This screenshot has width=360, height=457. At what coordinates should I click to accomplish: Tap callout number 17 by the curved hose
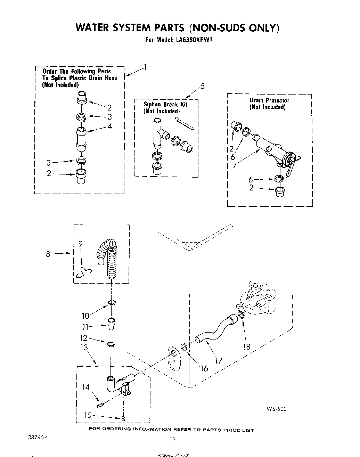(219, 361)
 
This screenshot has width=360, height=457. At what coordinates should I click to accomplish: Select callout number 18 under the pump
(247, 346)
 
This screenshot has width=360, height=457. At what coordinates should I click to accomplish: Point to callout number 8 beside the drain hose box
(48, 254)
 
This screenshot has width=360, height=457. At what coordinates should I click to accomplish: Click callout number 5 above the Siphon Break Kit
(203, 86)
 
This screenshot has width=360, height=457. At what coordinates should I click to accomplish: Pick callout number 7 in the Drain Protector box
(235, 165)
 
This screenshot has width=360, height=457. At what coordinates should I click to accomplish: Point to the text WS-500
(277, 409)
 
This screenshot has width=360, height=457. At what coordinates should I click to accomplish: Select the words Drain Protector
(269, 100)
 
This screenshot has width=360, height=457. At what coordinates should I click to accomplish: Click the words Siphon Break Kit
(165, 105)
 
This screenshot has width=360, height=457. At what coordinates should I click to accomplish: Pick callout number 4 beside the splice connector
(109, 126)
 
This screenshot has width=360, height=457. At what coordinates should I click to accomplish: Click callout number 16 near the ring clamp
(204, 368)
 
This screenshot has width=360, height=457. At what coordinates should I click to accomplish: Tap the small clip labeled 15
(123, 418)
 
